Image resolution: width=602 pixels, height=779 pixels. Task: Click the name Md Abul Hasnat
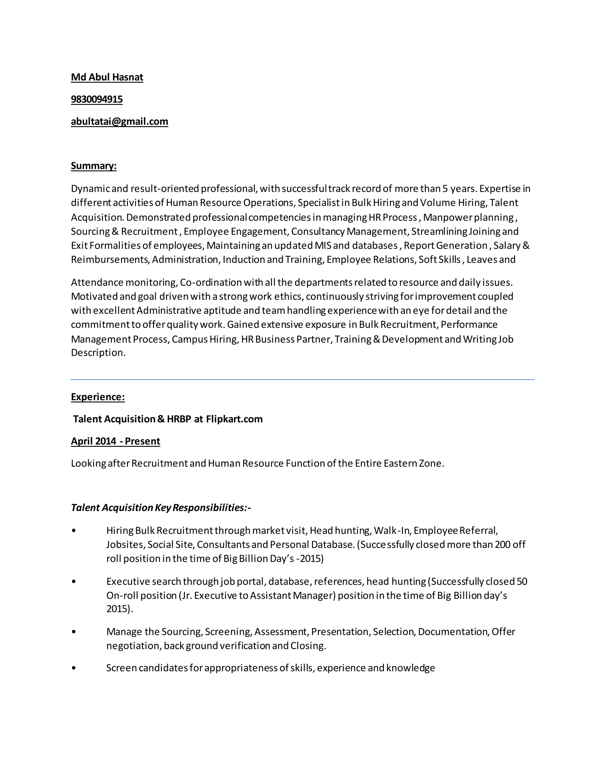[x=107, y=77]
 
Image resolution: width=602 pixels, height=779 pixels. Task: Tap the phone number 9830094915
[x=97, y=100]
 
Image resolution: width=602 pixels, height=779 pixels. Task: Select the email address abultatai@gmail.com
[x=119, y=122]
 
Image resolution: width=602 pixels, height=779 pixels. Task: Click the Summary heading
[x=93, y=166]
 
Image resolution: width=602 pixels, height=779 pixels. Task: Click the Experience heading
[x=98, y=397]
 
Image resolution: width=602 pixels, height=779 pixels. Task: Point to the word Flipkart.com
[x=234, y=419]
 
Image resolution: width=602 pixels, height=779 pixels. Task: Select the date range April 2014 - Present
[x=115, y=441]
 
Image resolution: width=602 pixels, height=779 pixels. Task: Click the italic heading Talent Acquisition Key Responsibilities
[x=160, y=508]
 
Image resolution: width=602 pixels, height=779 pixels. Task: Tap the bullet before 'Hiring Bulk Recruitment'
[x=74, y=531]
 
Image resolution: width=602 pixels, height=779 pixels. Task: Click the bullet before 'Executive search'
[x=74, y=582]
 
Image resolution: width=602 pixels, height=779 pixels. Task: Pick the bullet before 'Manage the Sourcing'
[x=74, y=632]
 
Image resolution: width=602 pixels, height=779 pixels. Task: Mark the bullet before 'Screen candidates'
[x=74, y=668]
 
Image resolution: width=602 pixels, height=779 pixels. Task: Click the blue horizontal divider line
[x=302, y=380]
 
